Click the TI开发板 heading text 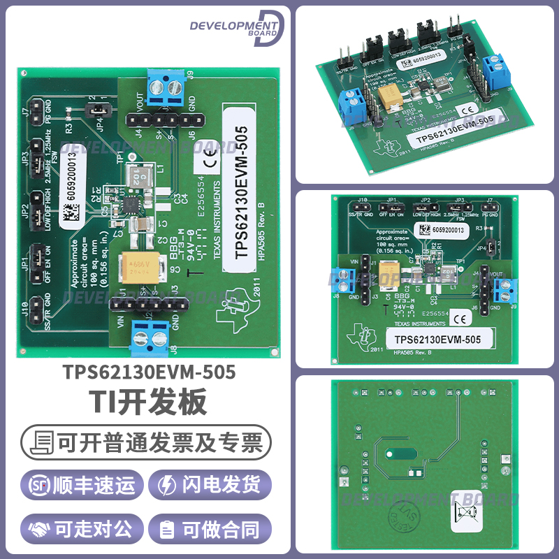[x=147, y=404]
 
